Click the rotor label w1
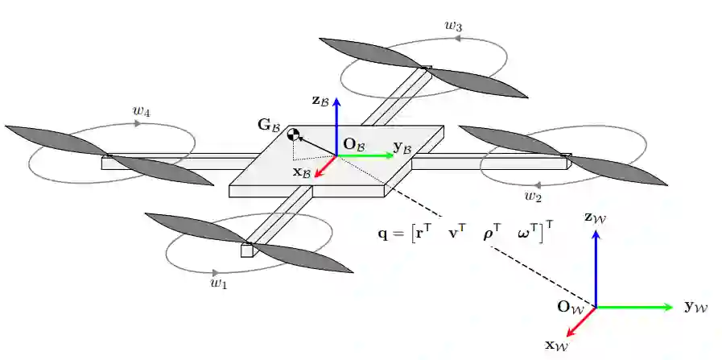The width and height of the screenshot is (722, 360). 218,283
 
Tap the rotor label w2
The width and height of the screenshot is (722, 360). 532,196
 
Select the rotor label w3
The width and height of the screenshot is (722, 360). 453,26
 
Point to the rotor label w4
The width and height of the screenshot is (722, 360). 142,112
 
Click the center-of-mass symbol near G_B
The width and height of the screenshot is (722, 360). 295,135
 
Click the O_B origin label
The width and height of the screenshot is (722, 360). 354,144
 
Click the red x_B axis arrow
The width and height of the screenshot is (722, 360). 324,166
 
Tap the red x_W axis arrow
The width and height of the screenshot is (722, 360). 581,321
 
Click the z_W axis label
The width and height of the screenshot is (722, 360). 596,217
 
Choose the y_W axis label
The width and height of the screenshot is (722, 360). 695,306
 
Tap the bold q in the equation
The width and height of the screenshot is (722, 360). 382,235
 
